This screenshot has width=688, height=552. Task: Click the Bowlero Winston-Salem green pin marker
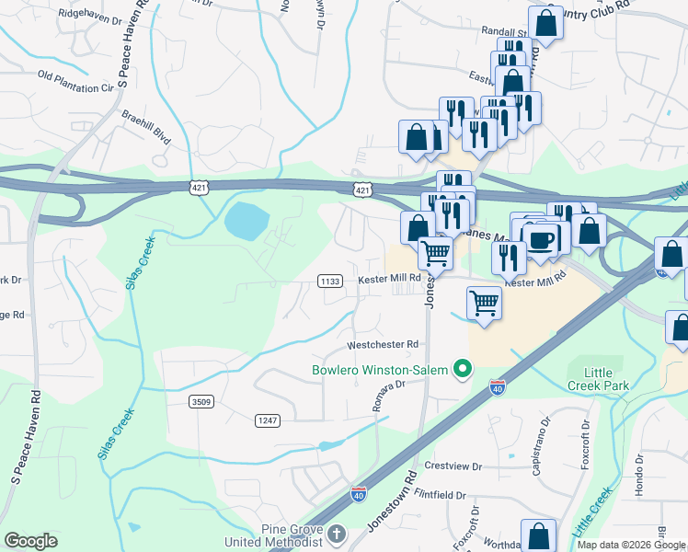(464, 370)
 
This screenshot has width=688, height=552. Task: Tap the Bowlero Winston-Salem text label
(378, 371)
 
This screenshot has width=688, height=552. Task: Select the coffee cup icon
(541, 238)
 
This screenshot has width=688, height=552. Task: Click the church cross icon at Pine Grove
(337, 533)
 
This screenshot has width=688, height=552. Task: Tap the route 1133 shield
(330, 281)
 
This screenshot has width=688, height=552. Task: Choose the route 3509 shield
(201, 401)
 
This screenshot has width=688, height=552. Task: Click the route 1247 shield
(267, 420)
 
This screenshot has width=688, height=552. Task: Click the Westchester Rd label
(382, 345)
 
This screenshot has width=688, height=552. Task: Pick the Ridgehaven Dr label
(89, 17)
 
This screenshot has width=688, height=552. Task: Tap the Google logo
(31, 541)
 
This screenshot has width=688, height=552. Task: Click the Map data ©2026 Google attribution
(631, 545)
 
